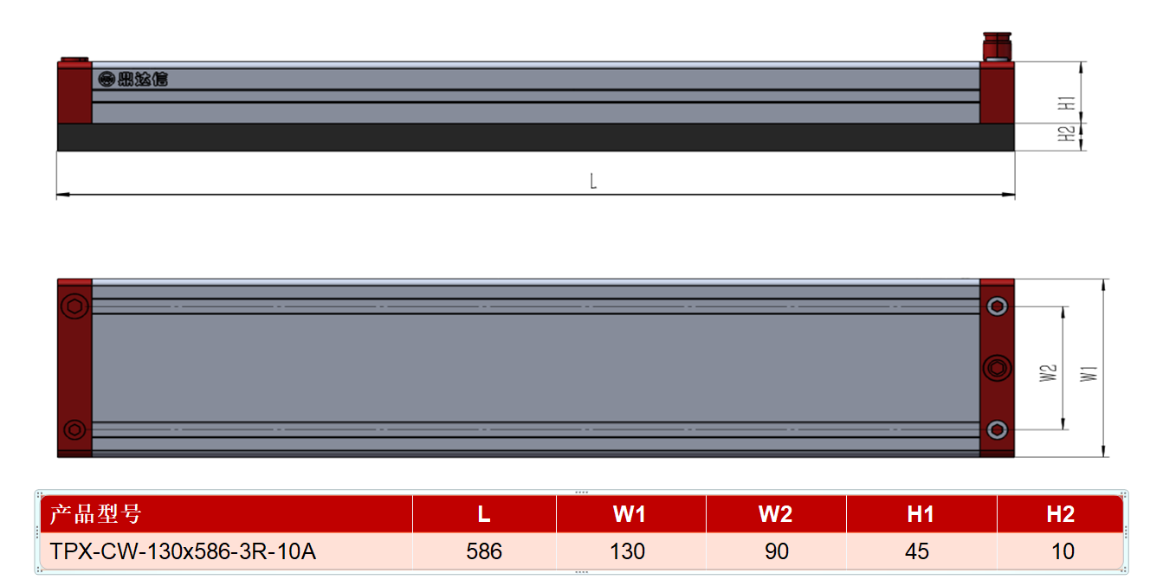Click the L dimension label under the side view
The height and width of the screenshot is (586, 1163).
[x=593, y=181]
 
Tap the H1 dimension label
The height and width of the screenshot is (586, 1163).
[x=1066, y=103]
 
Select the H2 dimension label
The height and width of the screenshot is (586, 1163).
[x=1066, y=134]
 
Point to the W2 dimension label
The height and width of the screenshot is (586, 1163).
[x=1048, y=373]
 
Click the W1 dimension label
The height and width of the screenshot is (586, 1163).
[x=1089, y=374]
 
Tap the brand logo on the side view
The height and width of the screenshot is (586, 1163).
[x=132, y=79]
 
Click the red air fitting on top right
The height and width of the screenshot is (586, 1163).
[x=997, y=47]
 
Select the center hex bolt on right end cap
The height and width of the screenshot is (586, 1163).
[x=997, y=368]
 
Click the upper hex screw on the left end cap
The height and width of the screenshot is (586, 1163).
[x=74, y=306]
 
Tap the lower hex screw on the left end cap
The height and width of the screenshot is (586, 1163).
[x=74, y=430]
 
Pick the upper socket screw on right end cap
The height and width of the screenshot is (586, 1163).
[x=997, y=306]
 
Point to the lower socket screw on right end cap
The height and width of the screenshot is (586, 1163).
[x=997, y=430]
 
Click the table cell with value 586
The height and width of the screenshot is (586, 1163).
[x=484, y=551]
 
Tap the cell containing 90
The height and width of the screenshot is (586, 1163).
[x=776, y=551]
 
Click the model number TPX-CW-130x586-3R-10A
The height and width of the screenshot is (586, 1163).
[x=183, y=551]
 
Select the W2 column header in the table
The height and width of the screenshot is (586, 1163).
[x=776, y=514]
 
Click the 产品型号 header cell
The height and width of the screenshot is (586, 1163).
[x=226, y=514]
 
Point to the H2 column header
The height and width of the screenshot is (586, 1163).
[x=1060, y=514]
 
